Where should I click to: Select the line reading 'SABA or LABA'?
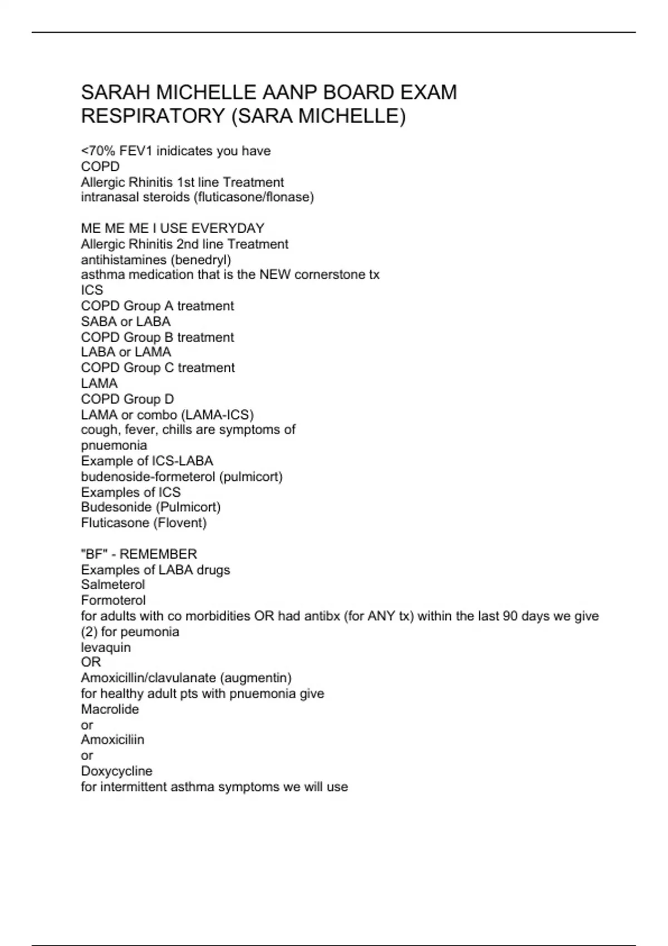[x=126, y=322]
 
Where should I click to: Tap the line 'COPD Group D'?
[x=127, y=399]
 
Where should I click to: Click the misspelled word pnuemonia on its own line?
[x=114, y=446]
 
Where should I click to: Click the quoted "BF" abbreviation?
[x=94, y=554]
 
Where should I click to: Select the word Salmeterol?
[x=113, y=585]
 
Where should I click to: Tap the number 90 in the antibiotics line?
[x=511, y=617]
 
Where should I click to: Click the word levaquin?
[x=106, y=648]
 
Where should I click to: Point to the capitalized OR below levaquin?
[x=91, y=662]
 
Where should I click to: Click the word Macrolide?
[x=110, y=709]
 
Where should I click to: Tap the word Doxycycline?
[x=117, y=771]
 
